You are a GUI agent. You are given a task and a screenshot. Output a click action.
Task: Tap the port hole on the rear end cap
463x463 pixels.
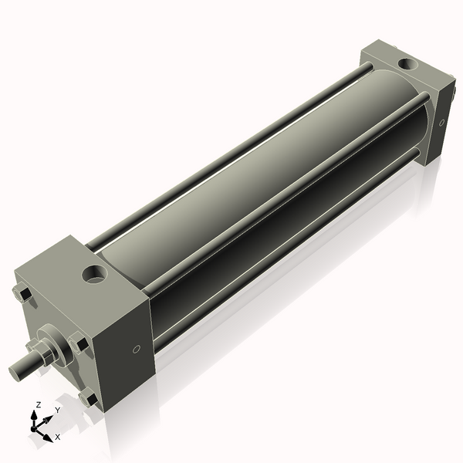[x=404, y=63]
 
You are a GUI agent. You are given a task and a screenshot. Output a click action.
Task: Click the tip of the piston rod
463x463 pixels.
[x=15, y=372]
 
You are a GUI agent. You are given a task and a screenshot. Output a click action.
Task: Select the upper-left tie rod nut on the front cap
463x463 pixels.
[x=22, y=293]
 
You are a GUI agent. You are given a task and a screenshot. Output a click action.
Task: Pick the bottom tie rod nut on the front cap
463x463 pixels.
[x=88, y=399]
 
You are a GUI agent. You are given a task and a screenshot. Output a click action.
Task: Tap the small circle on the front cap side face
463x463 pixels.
[x=137, y=350]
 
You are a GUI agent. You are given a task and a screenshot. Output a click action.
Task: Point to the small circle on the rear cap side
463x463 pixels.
[x=441, y=122]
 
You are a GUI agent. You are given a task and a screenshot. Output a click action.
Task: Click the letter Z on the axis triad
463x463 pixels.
[x=39, y=404]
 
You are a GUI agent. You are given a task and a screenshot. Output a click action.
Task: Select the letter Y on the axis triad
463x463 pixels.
[x=57, y=411]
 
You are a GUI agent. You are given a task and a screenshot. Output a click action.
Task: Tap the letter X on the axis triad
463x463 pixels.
[x=58, y=437]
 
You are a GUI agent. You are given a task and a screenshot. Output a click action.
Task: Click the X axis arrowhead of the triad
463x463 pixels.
[x=48, y=433]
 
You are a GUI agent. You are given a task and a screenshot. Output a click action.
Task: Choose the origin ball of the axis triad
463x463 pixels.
[x=35, y=427]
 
